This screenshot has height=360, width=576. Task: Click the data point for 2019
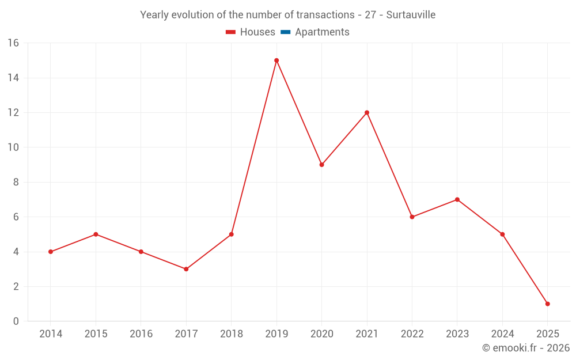pyautogui.click(x=276, y=60)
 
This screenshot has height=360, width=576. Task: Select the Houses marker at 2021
pyautogui.click(x=367, y=112)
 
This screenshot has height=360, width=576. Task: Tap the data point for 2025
pyautogui.click(x=547, y=304)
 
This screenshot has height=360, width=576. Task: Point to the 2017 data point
pyautogui.click(x=186, y=269)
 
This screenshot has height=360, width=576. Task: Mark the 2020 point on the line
pyautogui.click(x=321, y=165)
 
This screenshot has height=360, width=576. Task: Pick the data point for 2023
pyautogui.click(x=457, y=199)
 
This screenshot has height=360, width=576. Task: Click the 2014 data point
pyautogui.click(x=51, y=252)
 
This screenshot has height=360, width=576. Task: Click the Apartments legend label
pyautogui.click(x=322, y=32)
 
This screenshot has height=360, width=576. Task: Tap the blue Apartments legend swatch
pyautogui.click(x=286, y=32)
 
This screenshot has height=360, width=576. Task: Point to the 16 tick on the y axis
pyautogui.click(x=13, y=43)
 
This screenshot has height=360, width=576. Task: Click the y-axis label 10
pyautogui.click(x=13, y=147)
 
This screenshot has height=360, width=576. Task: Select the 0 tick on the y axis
pyautogui.click(x=16, y=321)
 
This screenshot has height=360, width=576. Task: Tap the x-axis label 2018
pyautogui.click(x=231, y=334)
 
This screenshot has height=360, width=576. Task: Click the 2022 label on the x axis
pyautogui.click(x=412, y=334)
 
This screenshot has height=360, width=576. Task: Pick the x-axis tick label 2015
pyautogui.click(x=96, y=334)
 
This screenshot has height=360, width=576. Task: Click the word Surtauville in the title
pyautogui.click(x=411, y=15)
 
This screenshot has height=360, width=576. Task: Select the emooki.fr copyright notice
pyautogui.click(x=526, y=348)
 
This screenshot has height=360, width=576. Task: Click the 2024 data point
pyautogui.click(x=502, y=234)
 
